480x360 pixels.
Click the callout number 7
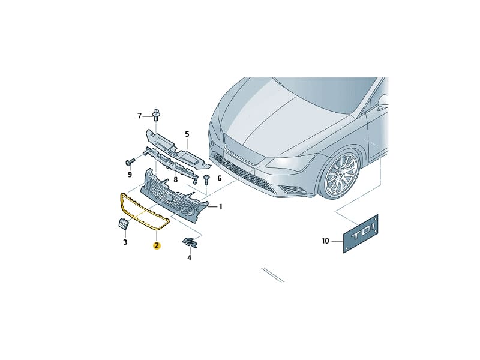coord(140,116)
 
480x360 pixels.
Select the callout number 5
coord(187,134)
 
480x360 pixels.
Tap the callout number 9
coord(130,175)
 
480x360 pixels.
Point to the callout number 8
coord(175,179)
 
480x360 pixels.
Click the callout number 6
coord(219,178)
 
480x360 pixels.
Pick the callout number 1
coord(220,207)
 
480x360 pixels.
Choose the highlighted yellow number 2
coord(157,245)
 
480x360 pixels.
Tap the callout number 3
coord(125,242)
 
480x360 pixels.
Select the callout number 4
coord(189,258)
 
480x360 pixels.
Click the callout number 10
coord(325,241)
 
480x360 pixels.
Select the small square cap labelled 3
coord(123,223)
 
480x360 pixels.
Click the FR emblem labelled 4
coord(190,242)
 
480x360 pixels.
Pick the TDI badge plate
coord(361,234)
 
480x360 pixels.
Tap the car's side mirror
coord(383,102)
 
